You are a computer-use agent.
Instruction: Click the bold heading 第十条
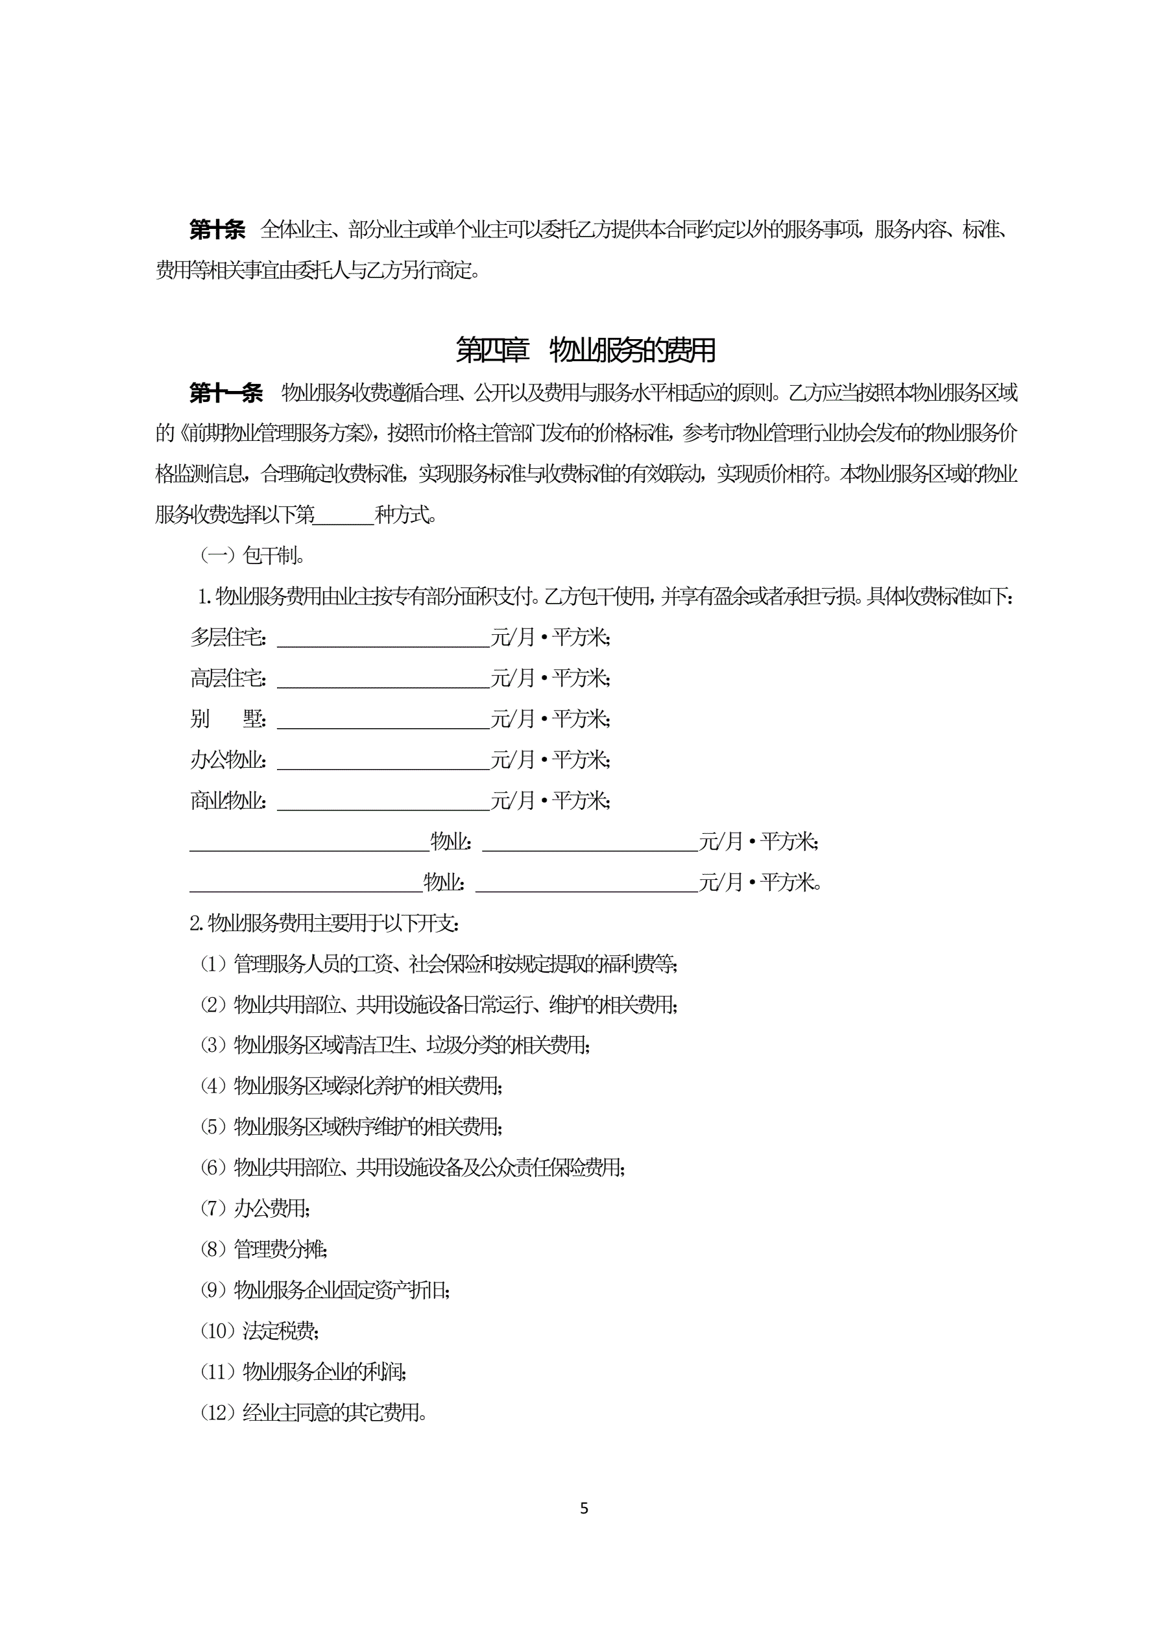coord(217,230)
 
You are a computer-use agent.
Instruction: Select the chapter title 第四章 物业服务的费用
coord(585,350)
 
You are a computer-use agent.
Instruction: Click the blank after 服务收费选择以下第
coord(344,515)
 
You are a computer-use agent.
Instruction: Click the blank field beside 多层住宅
coord(383,637)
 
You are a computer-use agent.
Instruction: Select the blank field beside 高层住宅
coord(383,678)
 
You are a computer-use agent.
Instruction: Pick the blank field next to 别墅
coord(383,719)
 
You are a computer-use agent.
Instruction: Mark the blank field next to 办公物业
coord(383,760)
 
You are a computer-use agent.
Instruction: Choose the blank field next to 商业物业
coord(383,801)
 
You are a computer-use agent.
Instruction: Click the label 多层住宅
coord(227,637)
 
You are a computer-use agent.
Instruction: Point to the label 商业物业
coord(227,801)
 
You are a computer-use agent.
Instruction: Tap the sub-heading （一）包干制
coord(252,556)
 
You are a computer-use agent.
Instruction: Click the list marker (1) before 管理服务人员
coord(213,964)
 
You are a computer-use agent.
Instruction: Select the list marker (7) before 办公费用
coord(213,1208)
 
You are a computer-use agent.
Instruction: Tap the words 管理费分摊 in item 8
coord(280,1249)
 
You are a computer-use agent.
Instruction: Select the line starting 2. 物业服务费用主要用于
coord(324,923)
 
